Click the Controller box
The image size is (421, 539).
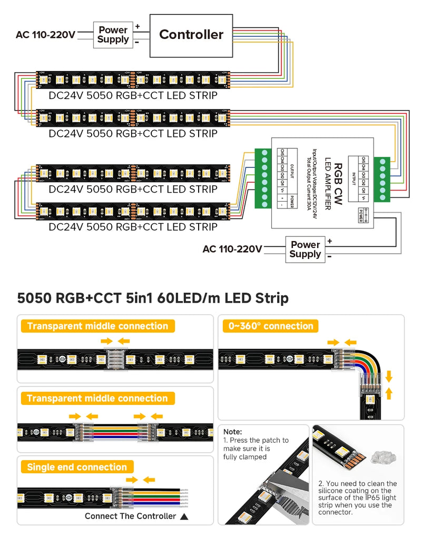tap(191, 35)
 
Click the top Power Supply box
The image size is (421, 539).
tap(113, 35)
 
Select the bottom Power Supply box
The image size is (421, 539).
tap(305, 249)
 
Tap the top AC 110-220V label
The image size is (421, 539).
tap(45, 35)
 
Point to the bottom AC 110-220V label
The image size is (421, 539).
tap(232, 249)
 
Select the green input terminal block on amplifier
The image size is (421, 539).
tap(383, 178)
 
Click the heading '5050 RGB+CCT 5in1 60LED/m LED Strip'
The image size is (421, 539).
tap(153, 298)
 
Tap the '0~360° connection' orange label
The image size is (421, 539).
tap(271, 326)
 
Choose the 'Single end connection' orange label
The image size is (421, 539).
tap(77, 467)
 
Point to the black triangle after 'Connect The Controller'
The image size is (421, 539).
tap(184, 516)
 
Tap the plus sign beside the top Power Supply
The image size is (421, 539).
tap(138, 26)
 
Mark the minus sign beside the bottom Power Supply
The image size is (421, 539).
tap(329, 256)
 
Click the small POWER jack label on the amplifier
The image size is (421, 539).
tap(363, 215)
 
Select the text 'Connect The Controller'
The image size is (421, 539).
tap(130, 516)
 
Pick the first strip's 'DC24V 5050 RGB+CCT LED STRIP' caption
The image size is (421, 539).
tap(133, 96)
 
